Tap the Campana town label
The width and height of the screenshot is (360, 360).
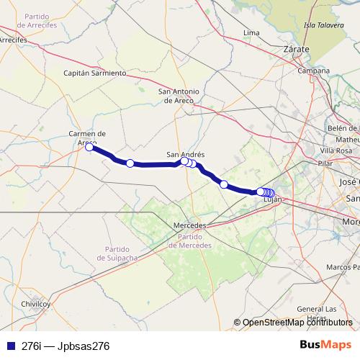click(315, 71)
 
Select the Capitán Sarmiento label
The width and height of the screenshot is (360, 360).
click(95, 73)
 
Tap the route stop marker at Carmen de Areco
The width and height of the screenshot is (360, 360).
click(89, 148)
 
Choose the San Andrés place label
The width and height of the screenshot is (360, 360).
click(186, 154)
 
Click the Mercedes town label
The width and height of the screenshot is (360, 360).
click(190, 225)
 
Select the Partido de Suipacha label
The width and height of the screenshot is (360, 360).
click(112, 253)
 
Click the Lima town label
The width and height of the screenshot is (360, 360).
click(251, 33)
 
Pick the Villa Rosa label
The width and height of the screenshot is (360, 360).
click(336, 150)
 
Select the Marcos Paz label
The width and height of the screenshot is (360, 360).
click(342, 267)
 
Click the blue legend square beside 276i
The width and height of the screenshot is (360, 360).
click(10, 346)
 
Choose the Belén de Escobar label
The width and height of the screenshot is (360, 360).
click(342, 127)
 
